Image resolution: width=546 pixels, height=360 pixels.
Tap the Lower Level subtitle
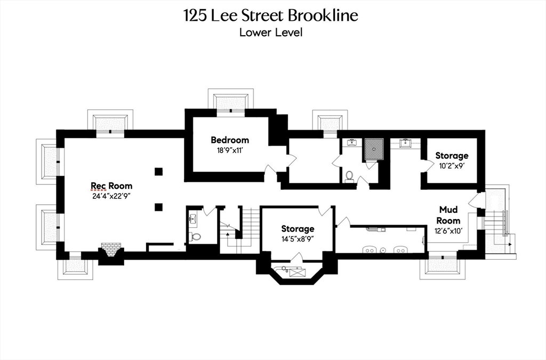coord(271,33)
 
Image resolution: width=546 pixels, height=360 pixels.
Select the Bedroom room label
coord(230,140)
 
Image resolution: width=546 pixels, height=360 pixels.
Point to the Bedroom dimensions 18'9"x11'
coord(230,151)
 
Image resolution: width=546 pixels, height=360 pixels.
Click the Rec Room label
coord(111,186)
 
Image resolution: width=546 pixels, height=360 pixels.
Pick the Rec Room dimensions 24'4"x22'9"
coord(111,196)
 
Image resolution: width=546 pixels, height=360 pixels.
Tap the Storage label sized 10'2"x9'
coord(452,156)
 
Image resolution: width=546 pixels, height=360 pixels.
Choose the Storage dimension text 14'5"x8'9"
coord(298,239)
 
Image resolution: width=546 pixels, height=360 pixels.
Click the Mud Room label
coord(448,215)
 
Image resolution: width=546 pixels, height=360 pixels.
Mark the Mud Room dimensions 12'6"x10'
coord(448,230)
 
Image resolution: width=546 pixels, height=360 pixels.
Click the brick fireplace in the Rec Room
coord(111,250)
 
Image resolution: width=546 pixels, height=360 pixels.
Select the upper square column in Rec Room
coord(158,172)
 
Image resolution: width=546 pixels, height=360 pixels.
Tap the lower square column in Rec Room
coord(158,207)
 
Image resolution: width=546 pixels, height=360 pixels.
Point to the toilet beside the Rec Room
coord(195,237)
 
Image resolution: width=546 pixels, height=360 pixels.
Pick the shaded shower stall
coord(374,149)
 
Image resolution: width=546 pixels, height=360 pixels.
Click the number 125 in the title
coord(196,15)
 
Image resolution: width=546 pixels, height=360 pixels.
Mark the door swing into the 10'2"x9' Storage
coord(425,165)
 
